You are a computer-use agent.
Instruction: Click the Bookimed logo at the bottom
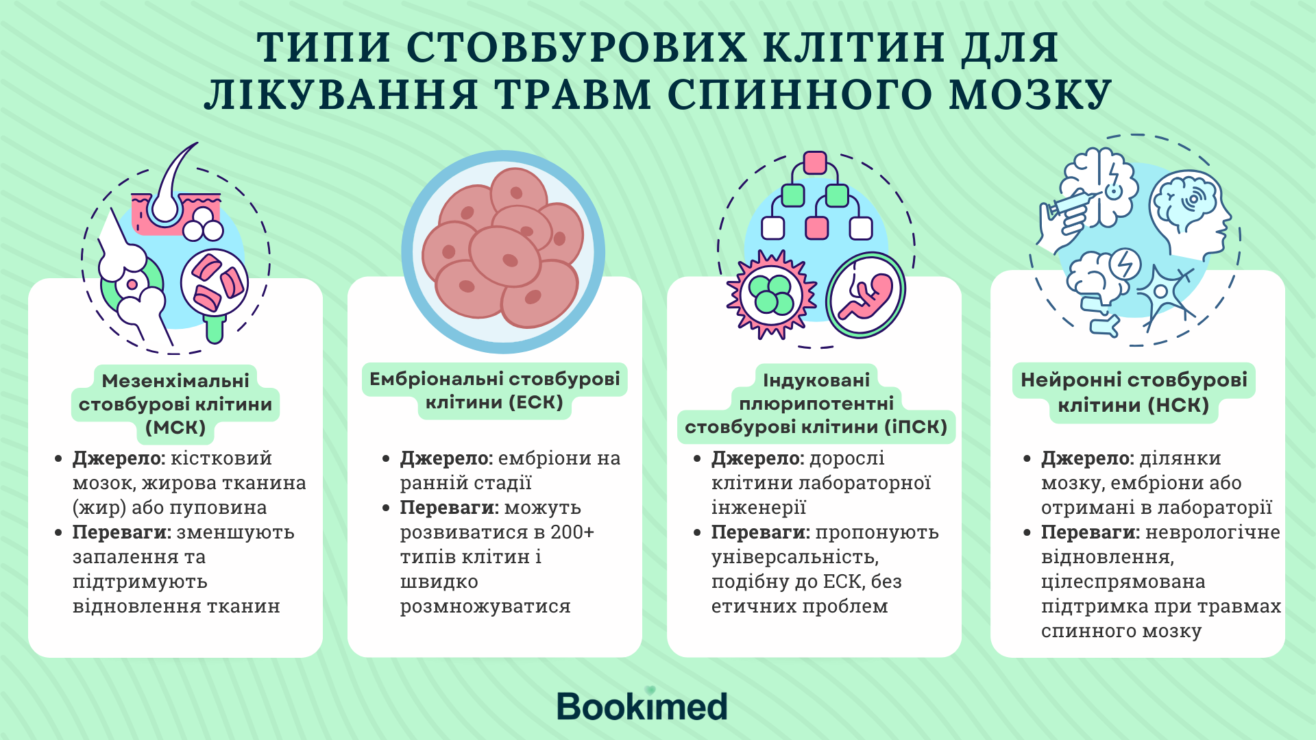tap(642, 705)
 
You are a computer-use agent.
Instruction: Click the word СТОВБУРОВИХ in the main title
tap(576, 47)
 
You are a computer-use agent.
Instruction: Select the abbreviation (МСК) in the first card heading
tap(176, 428)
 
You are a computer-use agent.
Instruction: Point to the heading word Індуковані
tap(816, 380)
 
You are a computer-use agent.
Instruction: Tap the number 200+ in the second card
tap(572, 532)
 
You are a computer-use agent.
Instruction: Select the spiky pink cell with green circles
tap(772, 295)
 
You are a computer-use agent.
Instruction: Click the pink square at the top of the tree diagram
tap(815, 163)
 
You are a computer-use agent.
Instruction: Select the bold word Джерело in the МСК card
tap(119, 458)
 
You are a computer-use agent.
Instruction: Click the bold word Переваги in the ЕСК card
tap(450, 508)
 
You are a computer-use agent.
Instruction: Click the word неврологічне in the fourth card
tap(1213, 532)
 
